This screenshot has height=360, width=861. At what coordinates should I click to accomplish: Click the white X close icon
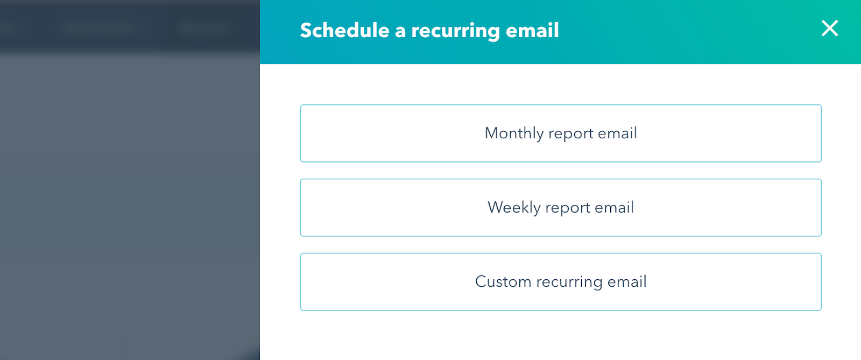[830, 28]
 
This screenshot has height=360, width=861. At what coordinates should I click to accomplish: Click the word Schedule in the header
[344, 30]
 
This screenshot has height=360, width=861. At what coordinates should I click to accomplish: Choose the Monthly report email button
[561, 133]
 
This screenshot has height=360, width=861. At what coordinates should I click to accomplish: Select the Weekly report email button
[561, 208]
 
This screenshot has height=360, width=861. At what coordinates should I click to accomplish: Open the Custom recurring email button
[561, 282]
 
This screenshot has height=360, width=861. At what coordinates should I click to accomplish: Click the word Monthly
[514, 133]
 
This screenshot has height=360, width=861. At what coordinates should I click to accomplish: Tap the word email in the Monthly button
[618, 133]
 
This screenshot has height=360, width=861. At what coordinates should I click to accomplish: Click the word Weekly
[514, 208]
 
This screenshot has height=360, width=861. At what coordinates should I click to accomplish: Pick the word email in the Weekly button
[615, 207]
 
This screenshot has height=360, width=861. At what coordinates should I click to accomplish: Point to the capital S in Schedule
[307, 30]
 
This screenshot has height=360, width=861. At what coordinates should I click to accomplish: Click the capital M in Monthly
[492, 133]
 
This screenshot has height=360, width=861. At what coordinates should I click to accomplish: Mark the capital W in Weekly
[496, 207]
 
